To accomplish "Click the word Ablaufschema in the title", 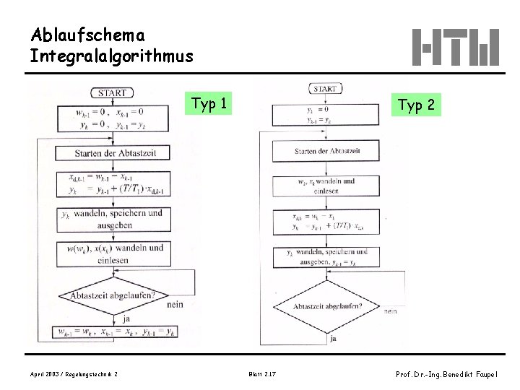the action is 87,35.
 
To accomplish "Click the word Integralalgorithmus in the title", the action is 112,56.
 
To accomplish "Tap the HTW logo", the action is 456,48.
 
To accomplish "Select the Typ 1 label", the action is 209,104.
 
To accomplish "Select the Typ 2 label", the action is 417,105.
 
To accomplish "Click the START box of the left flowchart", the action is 112,92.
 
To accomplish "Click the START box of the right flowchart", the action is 326,89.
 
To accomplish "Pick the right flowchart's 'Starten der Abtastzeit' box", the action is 326,151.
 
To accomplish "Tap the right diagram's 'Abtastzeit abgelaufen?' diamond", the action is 327,306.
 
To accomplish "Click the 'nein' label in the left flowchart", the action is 174,305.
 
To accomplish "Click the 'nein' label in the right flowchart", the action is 391,311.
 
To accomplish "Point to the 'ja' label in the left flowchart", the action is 127,318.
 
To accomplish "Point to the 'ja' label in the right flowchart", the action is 333,337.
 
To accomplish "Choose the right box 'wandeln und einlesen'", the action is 326,186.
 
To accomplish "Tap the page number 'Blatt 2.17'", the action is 261,373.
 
